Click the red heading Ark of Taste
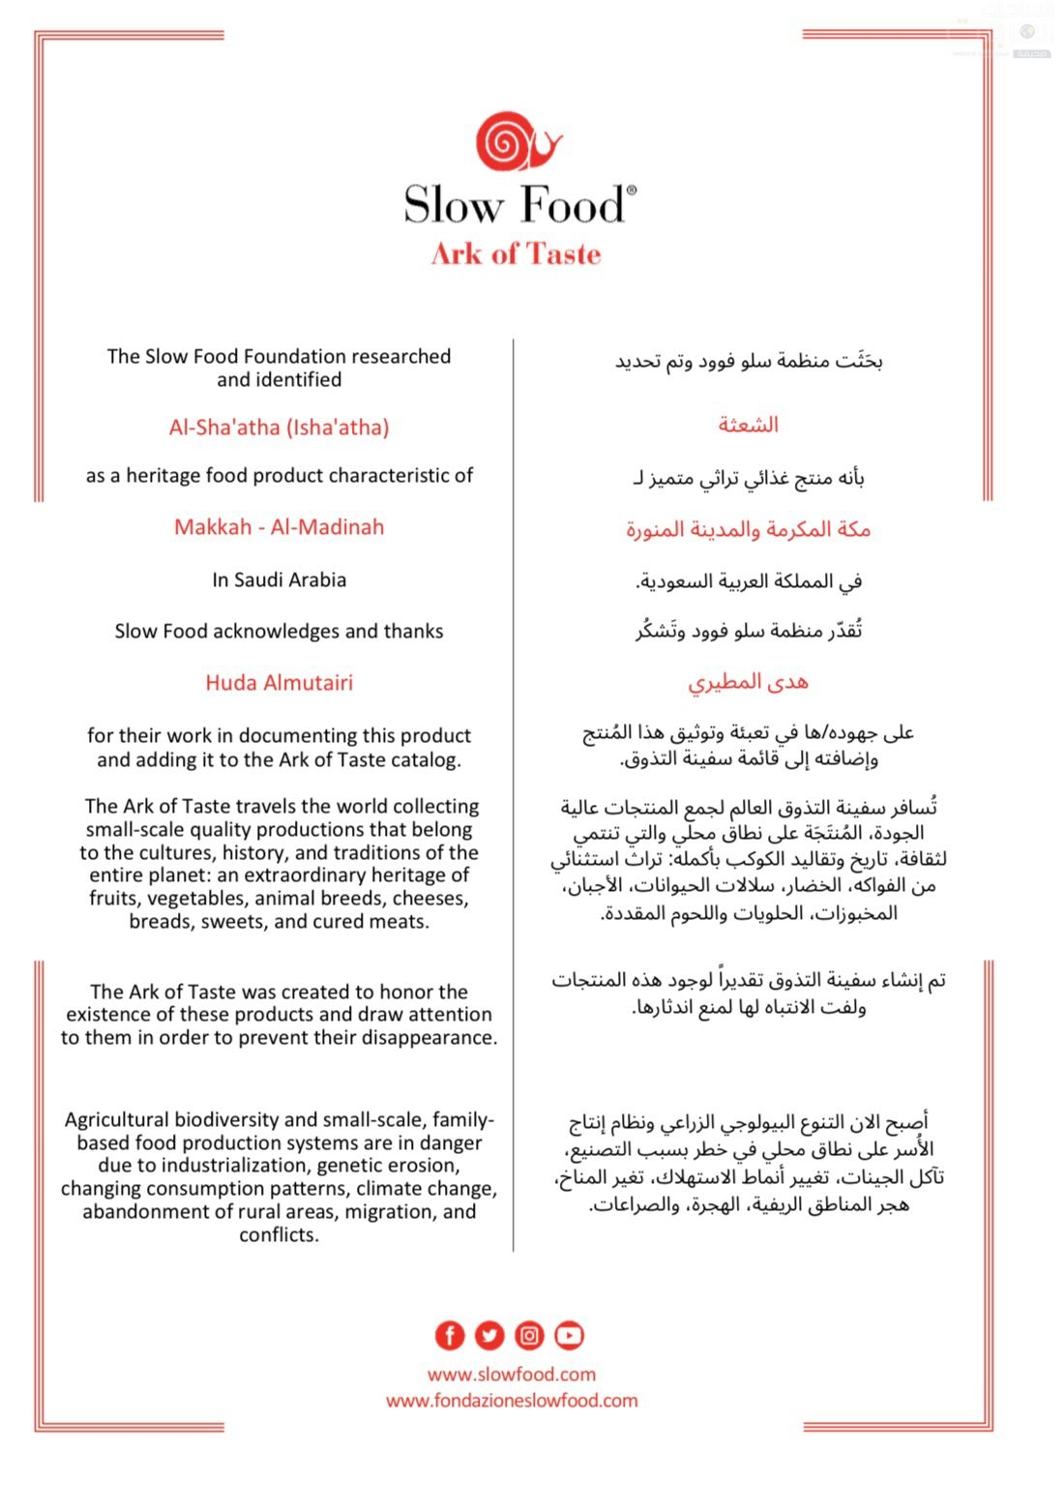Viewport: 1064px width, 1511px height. [516, 254]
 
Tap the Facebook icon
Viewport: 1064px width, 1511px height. [450, 1336]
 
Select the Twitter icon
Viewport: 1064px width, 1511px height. [489, 1336]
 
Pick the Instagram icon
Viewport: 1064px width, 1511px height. [529, 1336]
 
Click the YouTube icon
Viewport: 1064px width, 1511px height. [570, 1336]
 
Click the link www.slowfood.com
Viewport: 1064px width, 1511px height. [512, 1375]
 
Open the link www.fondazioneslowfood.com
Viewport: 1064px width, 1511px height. [512, 1401]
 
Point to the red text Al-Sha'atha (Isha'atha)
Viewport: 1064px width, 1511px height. [279, 428]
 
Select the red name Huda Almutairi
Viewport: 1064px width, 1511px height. [279, 683]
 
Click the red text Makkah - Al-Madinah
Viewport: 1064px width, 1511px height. [279, 527]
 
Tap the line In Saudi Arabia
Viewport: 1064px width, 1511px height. [279, 580]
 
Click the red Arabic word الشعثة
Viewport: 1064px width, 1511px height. [748, 425]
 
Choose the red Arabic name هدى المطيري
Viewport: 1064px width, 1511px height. [748, 682]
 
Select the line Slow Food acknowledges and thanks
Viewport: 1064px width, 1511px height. [279, 632]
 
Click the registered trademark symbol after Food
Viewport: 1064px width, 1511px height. [632, 192]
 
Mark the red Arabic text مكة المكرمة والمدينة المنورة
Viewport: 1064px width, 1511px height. [748, 529]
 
